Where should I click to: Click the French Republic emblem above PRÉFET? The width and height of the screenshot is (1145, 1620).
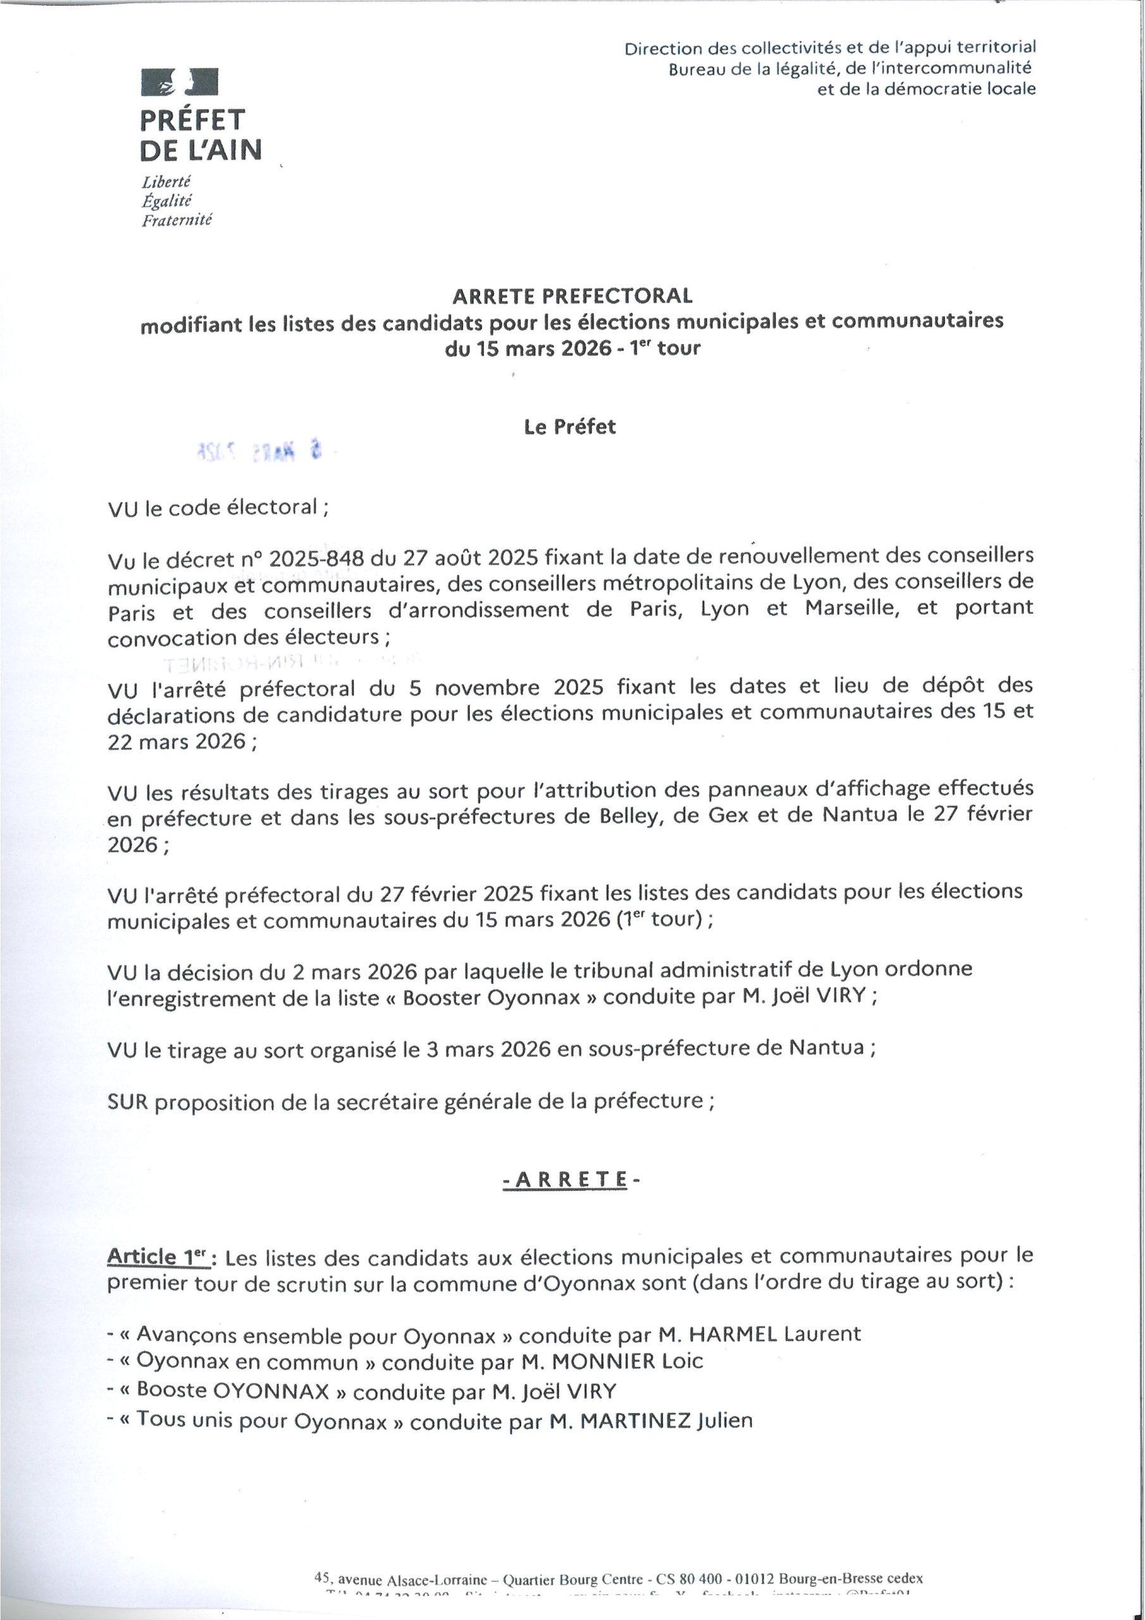click(x=179, y=81)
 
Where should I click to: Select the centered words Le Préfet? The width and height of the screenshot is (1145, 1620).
click(x=569, y=427)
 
